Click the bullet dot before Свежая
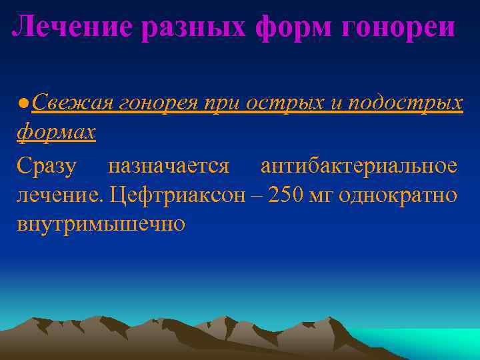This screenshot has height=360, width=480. [x=23, y=104]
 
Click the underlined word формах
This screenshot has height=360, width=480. [x=56, y=132]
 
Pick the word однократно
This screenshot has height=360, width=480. [x=398, y=195]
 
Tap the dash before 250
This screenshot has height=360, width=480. [x=258, y=195]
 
